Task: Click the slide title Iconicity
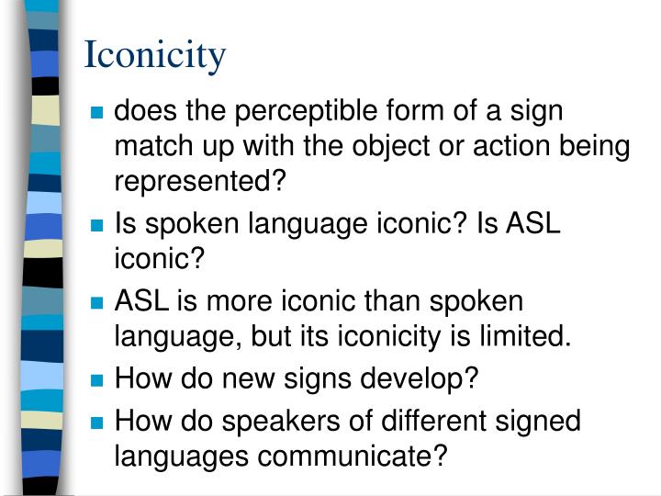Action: [x=154, y=55]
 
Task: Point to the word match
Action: [x=150, y=146]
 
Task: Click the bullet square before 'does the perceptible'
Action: [x=97, y=115]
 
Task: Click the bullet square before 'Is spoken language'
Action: [x=97, y=226]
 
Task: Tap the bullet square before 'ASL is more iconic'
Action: [x=97, y=303]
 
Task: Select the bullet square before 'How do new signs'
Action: [x=97, y=380]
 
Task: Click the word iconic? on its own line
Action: [x=157, y=259]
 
